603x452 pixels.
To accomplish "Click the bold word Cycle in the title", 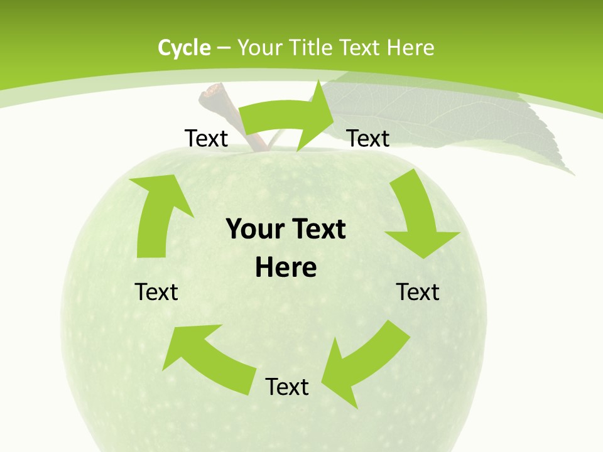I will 184,47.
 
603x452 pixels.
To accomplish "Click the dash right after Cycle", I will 224,47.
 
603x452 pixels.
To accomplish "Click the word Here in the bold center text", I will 286,267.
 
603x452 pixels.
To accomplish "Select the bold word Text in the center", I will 319,229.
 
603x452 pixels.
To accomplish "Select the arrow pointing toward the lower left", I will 364,361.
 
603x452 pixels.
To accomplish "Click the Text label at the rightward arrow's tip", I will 368,138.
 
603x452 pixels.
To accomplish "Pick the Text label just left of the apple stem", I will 206,138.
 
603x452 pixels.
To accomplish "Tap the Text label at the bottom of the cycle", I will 287,387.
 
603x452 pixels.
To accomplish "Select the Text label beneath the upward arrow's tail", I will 156,292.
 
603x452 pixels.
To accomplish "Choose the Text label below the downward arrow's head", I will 418,292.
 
